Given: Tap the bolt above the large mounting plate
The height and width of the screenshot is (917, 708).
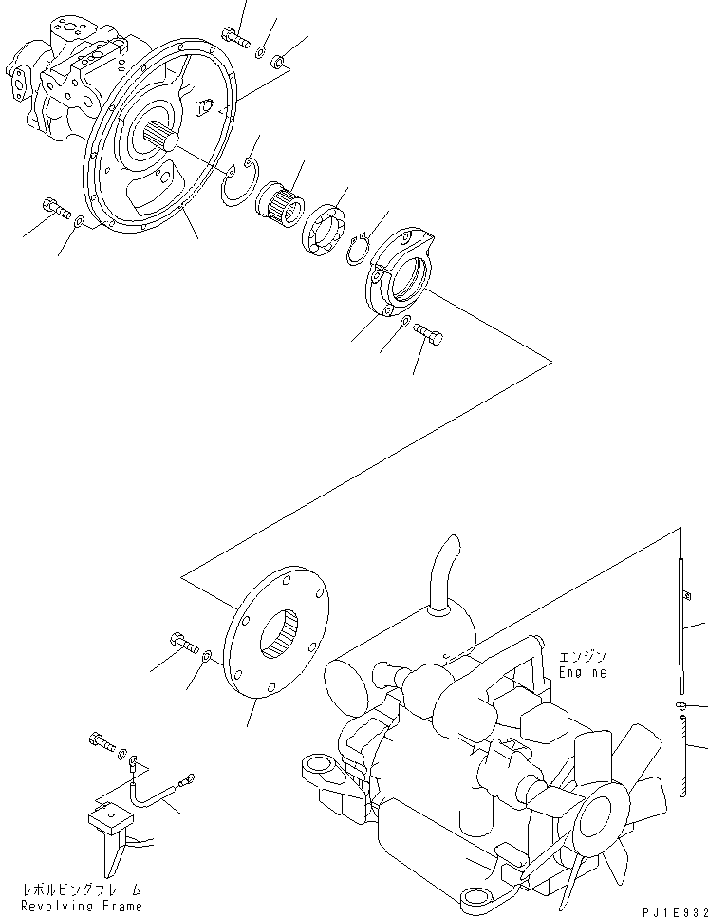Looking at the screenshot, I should (233, 37).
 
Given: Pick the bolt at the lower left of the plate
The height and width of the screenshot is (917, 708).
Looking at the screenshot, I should (54, 208).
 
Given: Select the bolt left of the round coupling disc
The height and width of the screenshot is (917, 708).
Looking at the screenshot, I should (183, 643).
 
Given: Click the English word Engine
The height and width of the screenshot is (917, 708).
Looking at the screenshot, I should (584, 672).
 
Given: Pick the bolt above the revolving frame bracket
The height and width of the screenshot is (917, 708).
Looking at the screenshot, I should (102, 740).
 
